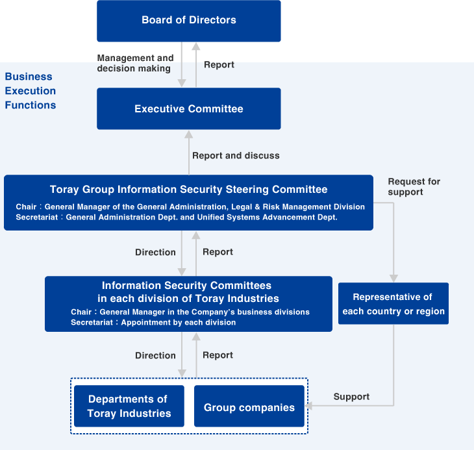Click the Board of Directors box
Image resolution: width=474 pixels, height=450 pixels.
click(188, 21)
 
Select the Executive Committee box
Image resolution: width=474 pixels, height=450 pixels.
click(188, 108)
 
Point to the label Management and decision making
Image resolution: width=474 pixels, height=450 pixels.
click(135, 63)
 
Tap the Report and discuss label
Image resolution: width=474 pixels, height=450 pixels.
click(236, 156)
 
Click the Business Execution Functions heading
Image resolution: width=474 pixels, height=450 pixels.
click(31, 91)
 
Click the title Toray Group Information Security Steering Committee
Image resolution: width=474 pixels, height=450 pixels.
click(188, 190)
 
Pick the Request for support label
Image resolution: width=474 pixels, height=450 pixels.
click(414, 187)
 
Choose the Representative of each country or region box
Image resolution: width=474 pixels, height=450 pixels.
click(393, 304)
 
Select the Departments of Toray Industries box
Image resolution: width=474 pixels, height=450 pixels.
click(129, 406)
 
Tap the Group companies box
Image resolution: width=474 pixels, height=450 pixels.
click(249, 407)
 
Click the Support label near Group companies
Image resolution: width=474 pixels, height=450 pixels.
click(351, 397)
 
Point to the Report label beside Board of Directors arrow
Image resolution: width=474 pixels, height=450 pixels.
click(219, 65)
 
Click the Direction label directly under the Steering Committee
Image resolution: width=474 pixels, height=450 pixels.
click(155, 252)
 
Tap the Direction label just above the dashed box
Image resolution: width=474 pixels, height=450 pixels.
click(155, 355)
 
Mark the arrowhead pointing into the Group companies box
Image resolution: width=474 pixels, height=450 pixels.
click(309, 406)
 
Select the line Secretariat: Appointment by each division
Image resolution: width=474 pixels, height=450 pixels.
click(153, 322)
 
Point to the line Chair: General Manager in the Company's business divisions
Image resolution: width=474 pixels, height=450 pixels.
click(190, 312)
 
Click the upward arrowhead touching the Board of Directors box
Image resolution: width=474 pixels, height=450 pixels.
click(196, 47)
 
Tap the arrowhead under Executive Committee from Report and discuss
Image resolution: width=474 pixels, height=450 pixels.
click(189, 134)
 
